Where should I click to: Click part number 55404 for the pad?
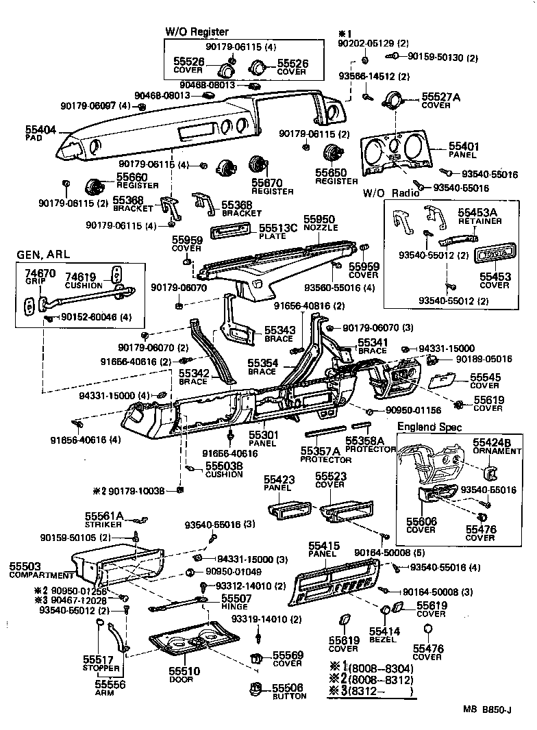(x=40, y=128)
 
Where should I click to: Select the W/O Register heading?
(x=197, y=32)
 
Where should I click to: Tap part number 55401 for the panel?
(x=464, y=147)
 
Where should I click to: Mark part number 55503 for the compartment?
(x=25, y=566)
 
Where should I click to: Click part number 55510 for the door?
(x=181, y=671)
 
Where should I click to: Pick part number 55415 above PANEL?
(x=322, y=545)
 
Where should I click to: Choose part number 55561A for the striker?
(x=104, y=516)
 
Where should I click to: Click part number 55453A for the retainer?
(x=479, y=212)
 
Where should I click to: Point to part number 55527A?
(x=440, y=97)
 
